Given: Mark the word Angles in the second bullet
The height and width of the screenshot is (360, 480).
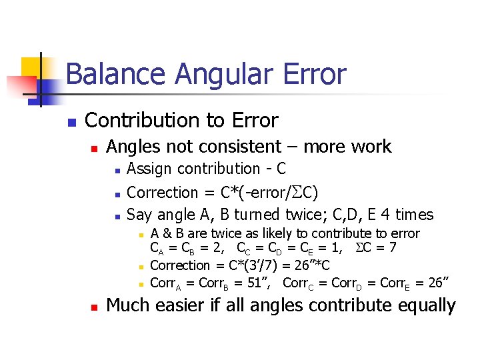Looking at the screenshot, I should click(x=130, y=147).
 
